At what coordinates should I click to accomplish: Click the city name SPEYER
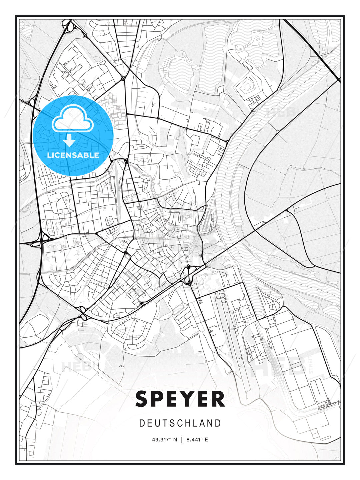(180, 399)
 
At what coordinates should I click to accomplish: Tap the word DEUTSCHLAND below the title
(180, 423)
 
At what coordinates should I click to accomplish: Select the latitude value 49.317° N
(165, 440)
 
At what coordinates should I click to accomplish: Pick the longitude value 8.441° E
(197, 440)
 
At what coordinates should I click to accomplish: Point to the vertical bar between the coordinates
(182, 440)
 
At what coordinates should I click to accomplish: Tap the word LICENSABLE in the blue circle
(73, 155)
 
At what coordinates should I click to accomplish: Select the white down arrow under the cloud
(69, 141)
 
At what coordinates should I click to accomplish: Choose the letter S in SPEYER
(142, 399)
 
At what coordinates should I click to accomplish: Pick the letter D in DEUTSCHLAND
(142, 423)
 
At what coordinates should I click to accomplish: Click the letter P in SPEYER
(156, 399)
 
